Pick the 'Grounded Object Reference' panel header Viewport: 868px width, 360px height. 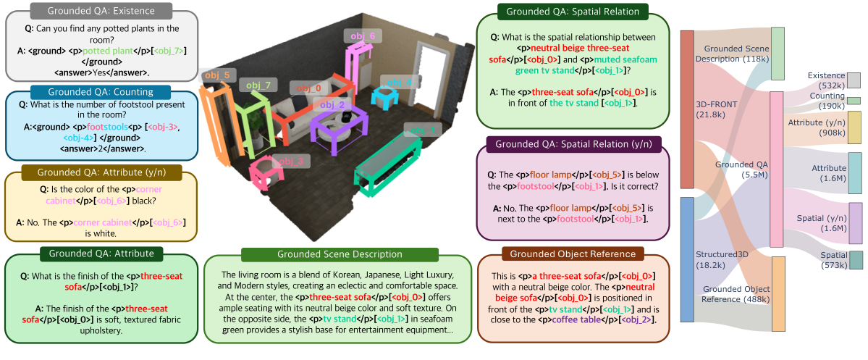pyautogui.click(x=573, y=254)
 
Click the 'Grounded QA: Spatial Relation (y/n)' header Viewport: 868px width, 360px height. pyautogui.click(x=573, y=143)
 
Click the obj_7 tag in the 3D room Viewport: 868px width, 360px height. pyautogui.click(x=258, y=86)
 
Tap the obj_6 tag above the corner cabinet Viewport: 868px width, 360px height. pyautogui.click(x=363, y=35)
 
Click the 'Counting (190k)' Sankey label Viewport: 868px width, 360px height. pyautogui.click(x=827, y=101)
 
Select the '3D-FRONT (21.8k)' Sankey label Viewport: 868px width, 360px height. pyautogui.click(x=716, y=109)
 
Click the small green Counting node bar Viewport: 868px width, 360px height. pyautogui.click(x=854, y=101)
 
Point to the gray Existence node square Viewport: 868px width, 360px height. pyautogui.click(x=854, y=80)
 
